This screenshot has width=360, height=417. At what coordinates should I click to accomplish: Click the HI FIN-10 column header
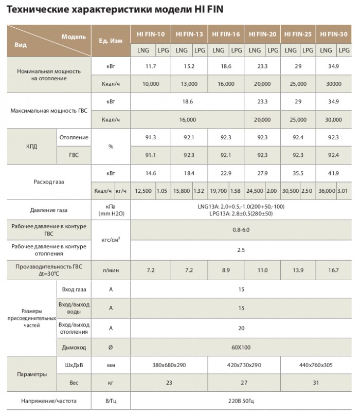(151, 34)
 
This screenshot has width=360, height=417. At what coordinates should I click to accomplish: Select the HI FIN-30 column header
(334, 34)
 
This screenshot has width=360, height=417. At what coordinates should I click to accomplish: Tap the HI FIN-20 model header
(262, 34)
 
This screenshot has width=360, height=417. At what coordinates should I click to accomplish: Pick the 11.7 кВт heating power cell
(151, 66)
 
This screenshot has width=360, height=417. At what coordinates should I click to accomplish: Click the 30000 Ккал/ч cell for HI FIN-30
(334, 83)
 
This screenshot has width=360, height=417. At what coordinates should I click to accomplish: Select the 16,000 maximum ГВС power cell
(188, 120)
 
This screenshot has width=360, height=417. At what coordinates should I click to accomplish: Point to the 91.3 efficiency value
(151, 137)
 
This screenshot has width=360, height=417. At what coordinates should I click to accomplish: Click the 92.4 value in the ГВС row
(334, 155)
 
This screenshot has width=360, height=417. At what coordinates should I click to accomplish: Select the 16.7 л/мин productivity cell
(334, 269)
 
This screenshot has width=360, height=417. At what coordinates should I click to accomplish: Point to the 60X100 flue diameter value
(241, 348)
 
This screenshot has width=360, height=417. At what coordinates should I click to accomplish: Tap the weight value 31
(316, 383)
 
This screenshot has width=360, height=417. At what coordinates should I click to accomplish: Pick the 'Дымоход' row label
(74, 348)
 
